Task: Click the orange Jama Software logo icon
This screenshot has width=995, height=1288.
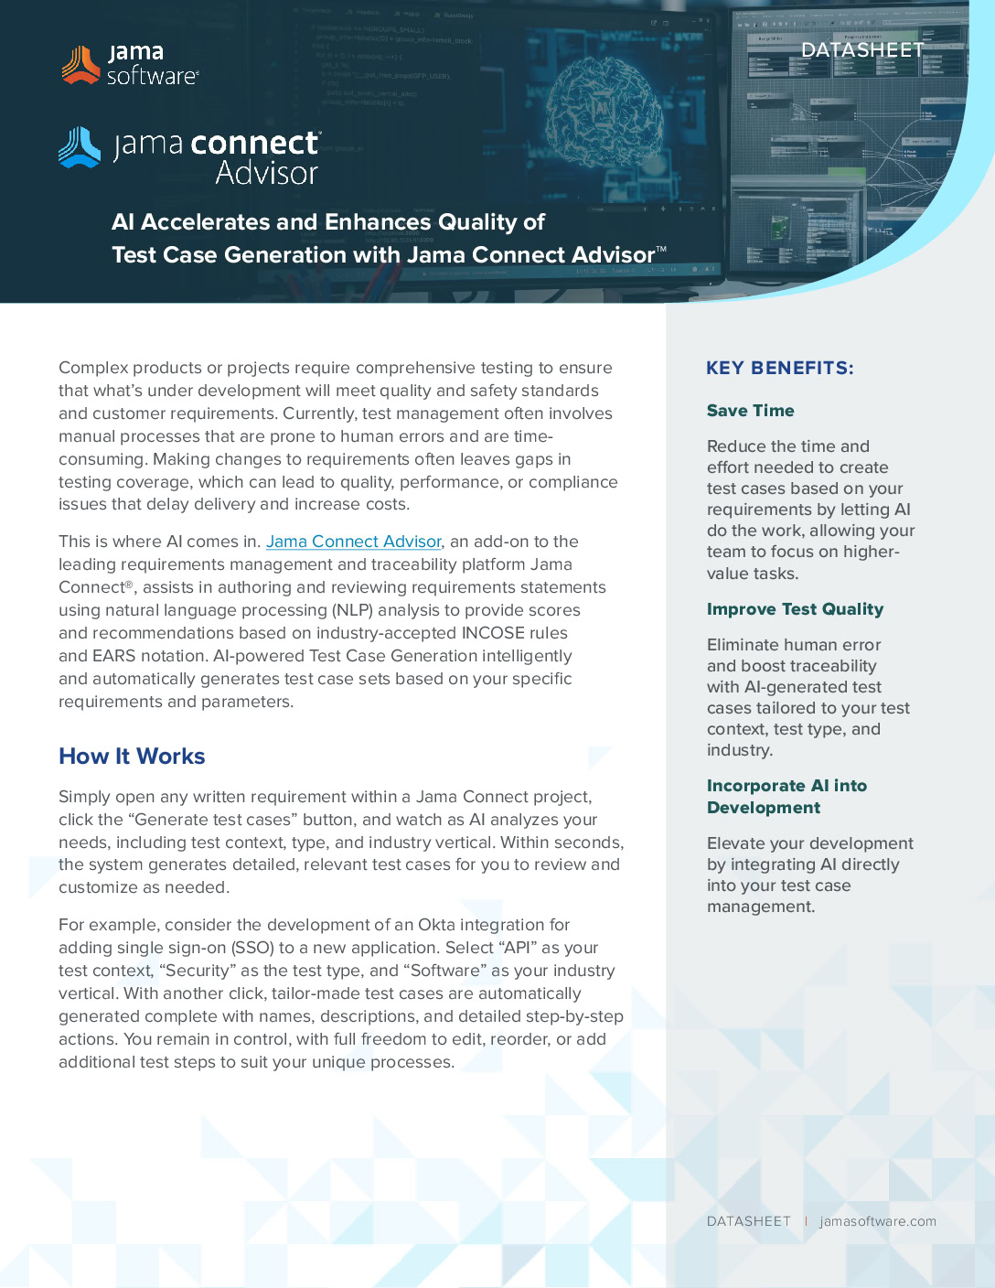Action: point(80,65)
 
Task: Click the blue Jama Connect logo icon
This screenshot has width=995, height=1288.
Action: point(80,147)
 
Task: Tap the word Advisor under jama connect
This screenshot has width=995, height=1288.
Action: point(266,173)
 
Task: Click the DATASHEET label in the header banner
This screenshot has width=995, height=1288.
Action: point(862,50)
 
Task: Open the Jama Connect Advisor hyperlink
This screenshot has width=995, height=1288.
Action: point(353,542)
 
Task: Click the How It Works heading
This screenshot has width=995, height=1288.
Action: point(132,757)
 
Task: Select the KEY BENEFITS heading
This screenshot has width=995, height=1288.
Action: point(779,368)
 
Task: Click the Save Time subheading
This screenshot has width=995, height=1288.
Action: point(750,411)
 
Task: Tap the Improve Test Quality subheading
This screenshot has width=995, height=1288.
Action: point(795,609)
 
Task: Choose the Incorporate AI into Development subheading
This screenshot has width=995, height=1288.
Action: point(786,797)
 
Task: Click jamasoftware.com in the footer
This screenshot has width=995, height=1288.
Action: point(877,1221)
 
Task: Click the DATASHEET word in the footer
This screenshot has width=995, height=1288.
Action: point(748,1221)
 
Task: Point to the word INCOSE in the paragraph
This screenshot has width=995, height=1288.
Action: point(493,633)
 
